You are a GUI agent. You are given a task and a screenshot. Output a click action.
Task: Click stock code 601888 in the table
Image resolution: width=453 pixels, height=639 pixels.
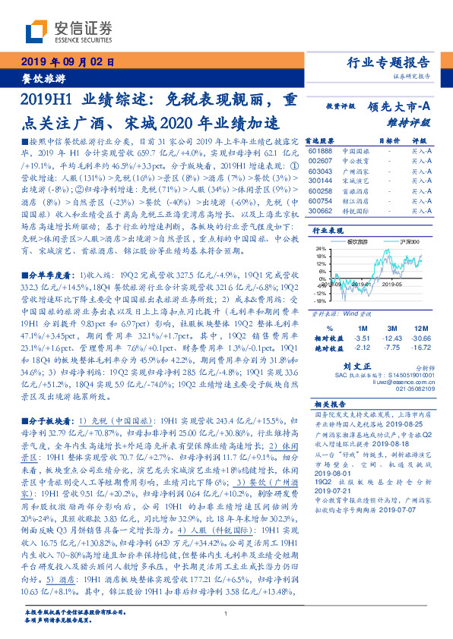320,151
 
